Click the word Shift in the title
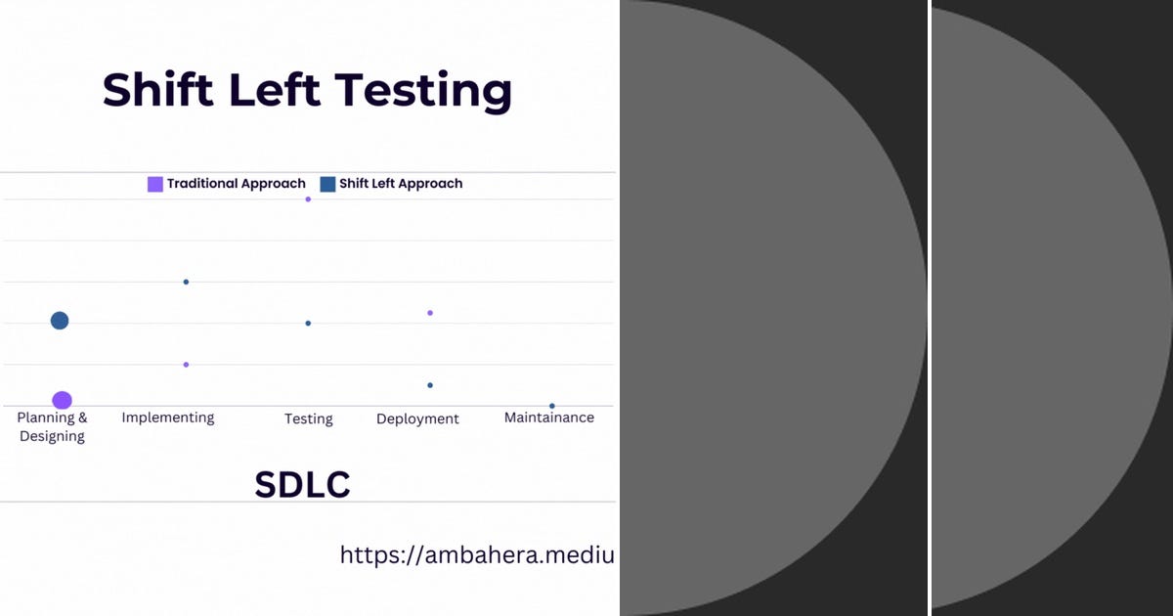(x=156, y=90)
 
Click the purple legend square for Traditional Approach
(x=154, y=184)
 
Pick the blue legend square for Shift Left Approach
(x=327, y=184)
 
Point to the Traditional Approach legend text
(x=236, y=184)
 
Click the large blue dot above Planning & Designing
(x=60, y=321)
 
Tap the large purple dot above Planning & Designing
(x=62, y=400)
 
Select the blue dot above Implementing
(x=186, y=282)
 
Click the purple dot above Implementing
(x=186, y=365)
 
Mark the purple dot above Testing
(x=308, y=199)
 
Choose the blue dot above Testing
(x=308, y=323)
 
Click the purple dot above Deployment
(x=430, y=313)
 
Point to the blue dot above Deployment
(x=430, y=385)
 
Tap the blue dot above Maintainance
(x=552, y=406)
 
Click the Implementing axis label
(x=168, y=418)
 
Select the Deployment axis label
(x=417, y=418)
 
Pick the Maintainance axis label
(x=548, y=418)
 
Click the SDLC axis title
(x=302, y=485)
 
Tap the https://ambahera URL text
(x=477, y=555)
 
